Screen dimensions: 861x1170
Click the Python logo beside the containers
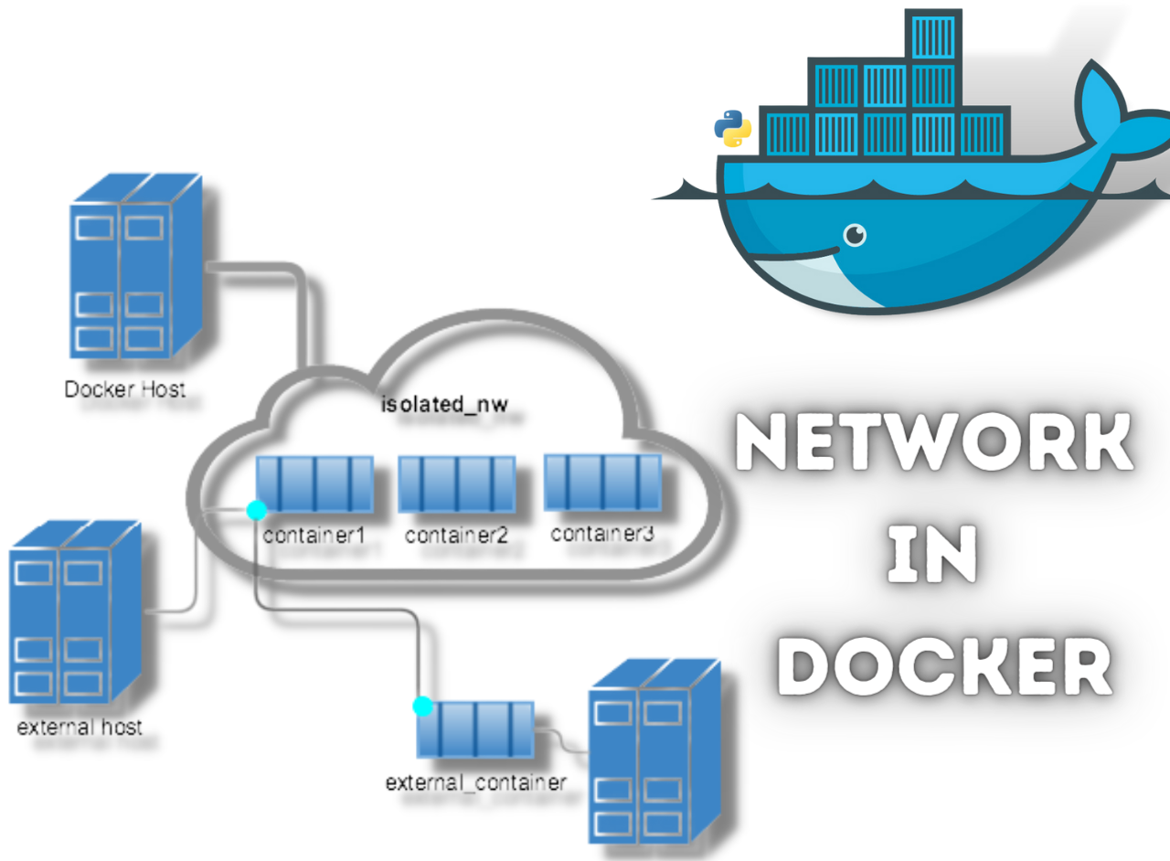pos(732,129)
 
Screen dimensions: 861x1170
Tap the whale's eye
pos(855,236)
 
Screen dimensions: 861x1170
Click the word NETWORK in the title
pos(934,443)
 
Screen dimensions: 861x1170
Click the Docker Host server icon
pos(134,269)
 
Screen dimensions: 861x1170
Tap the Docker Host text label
pos(124,389)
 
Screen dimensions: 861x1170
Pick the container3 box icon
pos(602,480)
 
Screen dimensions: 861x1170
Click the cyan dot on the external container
pos(422,706)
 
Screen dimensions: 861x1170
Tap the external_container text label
pos(476,782)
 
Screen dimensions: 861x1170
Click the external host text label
pos(80,728)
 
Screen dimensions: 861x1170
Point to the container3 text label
pos(602,534)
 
